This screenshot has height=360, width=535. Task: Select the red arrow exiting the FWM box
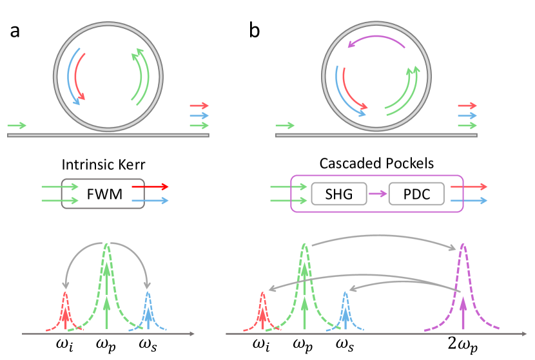(x=150, y=186)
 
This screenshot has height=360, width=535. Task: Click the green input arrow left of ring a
(x=17, y=125)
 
